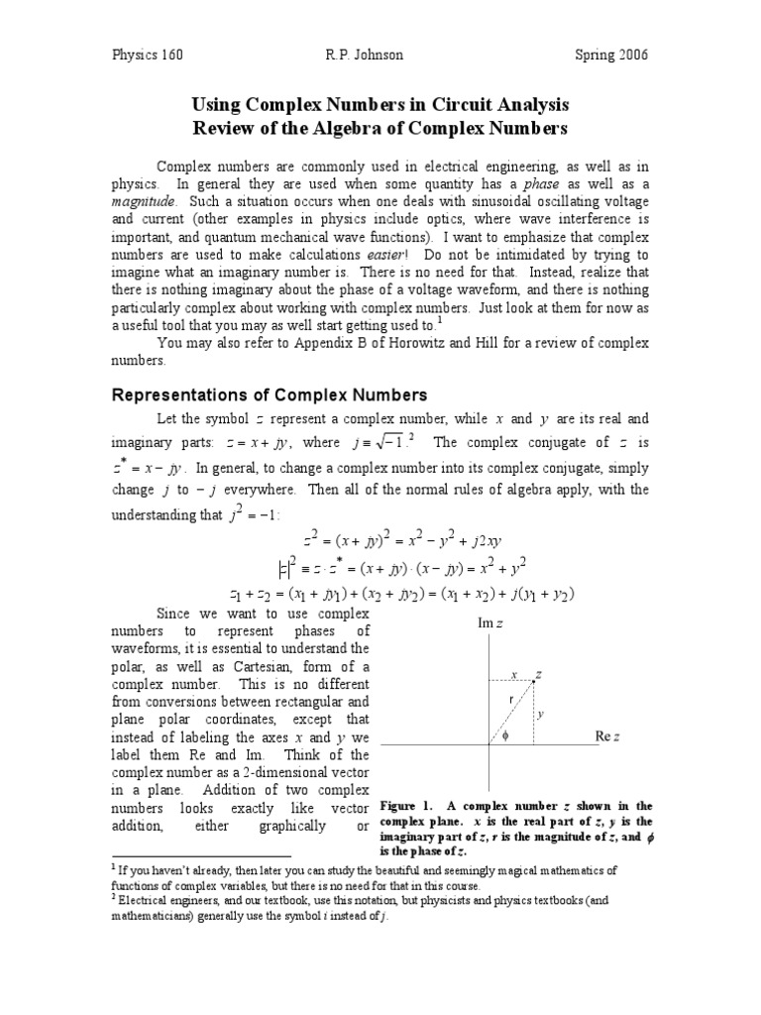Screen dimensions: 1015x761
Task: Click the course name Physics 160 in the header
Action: [146, 55]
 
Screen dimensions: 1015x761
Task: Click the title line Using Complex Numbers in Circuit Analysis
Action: [380, 105]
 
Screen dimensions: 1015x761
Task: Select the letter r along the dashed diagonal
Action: [509, 700]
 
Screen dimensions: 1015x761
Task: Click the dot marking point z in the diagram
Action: [533, 681]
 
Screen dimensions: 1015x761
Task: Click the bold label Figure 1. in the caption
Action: [406, 806]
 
